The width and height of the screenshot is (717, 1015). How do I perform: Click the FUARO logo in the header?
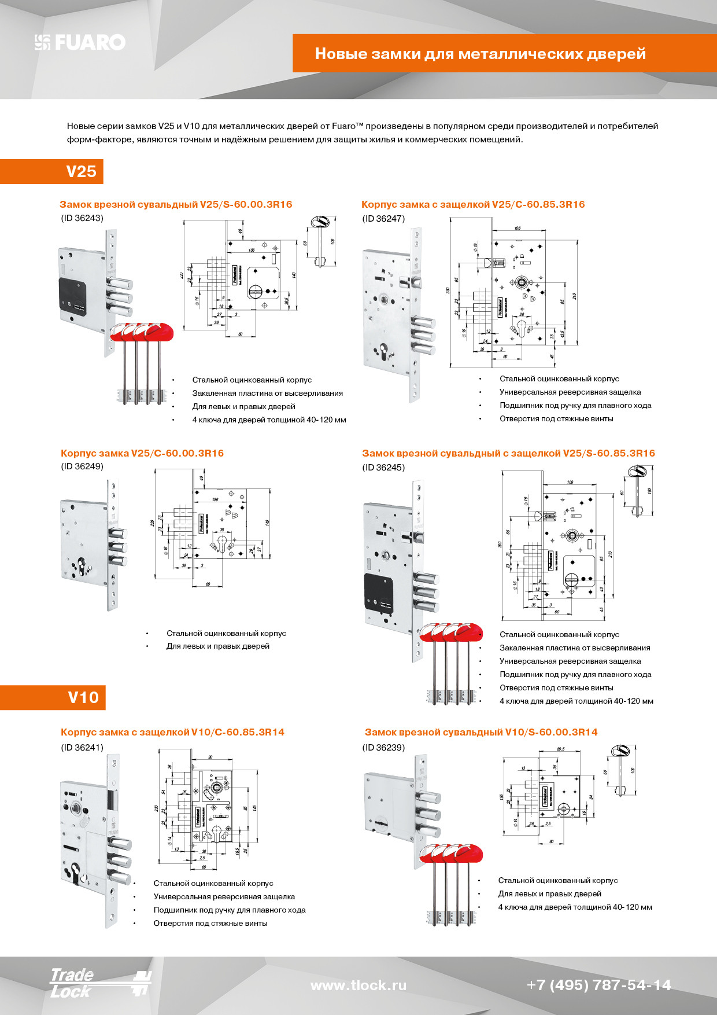[x=80, y=42]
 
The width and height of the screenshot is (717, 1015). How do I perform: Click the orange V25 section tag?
[x=81, y=171]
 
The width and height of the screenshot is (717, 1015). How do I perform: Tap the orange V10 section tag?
[x=83, y=697]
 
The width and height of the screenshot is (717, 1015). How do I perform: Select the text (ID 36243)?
[x=82, y=218]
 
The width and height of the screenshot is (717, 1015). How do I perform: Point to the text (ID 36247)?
[x=383, y=219]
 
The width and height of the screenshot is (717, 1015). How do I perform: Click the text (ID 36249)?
[x=82, y=466]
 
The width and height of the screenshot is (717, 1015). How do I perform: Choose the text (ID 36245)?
[x=383, y=468]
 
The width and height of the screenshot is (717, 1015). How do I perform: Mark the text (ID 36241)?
[x=82, y=747]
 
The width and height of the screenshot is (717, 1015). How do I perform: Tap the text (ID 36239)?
[x=383, y=747]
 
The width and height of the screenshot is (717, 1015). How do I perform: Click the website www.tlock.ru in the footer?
[x=358, y=985]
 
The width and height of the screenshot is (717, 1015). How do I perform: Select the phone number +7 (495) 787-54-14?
[x=598, y=985]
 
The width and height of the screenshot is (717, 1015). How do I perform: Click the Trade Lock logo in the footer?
[x=98, y=983]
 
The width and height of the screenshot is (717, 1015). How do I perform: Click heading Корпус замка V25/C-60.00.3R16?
[x=142, y=453]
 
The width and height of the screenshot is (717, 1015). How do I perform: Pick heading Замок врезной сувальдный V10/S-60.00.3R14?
[x=481, y=732]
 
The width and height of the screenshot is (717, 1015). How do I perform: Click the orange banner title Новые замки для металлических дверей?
[x=480, y=54]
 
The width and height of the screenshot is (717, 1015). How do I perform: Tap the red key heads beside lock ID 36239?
[x=451, y=854]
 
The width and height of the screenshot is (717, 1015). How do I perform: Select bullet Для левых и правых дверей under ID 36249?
[x=217, y=646]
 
